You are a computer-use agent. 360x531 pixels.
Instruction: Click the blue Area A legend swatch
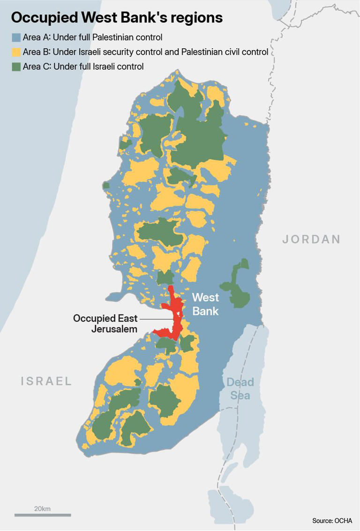(16, 37)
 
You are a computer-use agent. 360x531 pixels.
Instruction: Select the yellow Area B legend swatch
(16, 52)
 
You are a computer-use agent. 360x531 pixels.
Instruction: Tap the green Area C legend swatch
(16, 67)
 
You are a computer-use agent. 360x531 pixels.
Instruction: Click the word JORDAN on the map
(311, 239)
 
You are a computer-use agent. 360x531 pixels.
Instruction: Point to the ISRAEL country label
(46, 381)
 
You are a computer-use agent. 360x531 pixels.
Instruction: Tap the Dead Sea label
(240, 389)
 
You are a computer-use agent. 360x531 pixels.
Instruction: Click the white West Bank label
(205, 304)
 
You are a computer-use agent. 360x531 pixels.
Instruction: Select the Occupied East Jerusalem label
(105, 323)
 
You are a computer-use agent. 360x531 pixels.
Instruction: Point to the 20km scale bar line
(43, 515)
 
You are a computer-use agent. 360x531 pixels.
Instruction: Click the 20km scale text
(42, 509)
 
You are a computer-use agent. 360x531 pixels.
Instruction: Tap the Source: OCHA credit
(332, 521)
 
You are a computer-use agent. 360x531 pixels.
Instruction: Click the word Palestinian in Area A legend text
(111, 37)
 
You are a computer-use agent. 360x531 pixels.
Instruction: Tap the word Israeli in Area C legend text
(102, 67)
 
